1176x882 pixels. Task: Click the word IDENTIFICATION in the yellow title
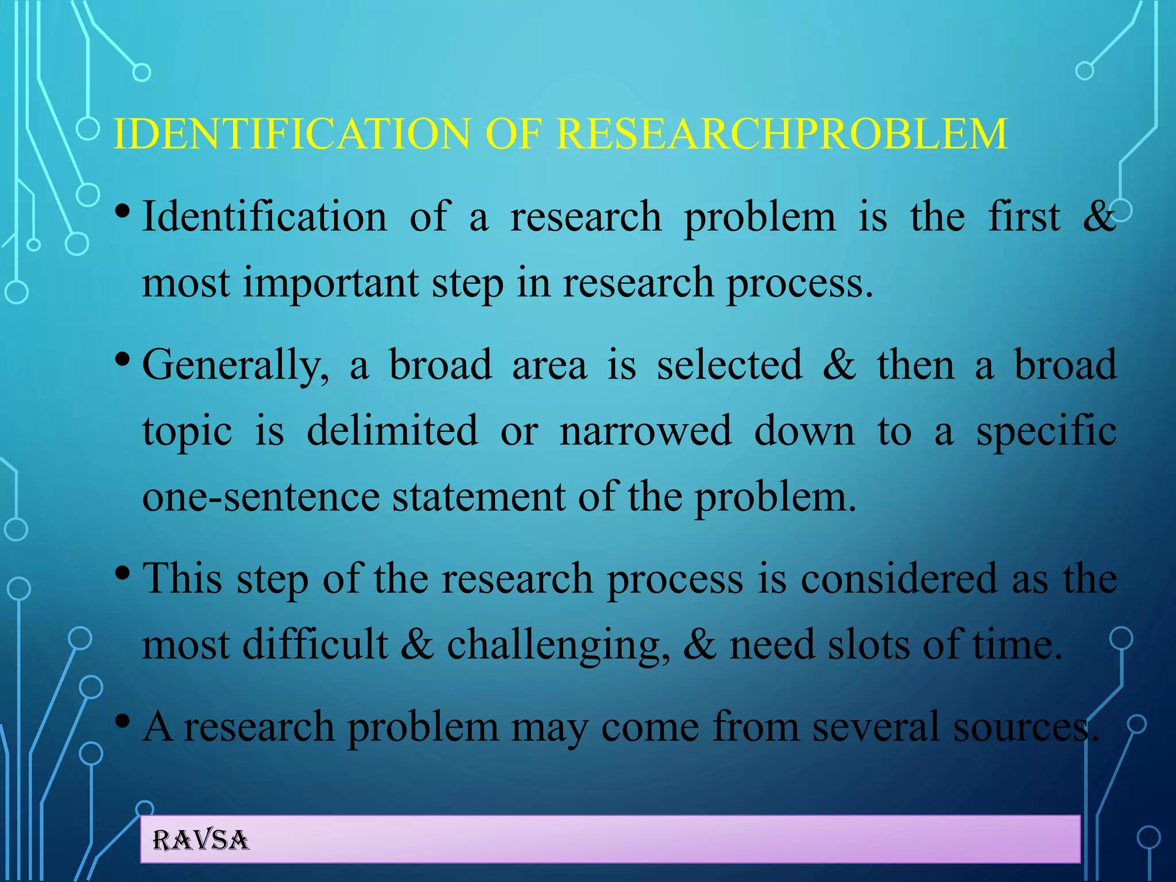(x=293, y=134)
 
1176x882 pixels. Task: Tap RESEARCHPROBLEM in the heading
(x=782, y=134)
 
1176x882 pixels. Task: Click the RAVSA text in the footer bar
(x=200, y=840)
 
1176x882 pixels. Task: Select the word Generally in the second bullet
(x=235, y=366)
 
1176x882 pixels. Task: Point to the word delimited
(x=392, y=431)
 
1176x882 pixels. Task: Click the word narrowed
(x=645, y=431)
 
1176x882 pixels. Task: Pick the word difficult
(x=315, y=644)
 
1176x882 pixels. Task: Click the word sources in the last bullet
(x=1025, y=727)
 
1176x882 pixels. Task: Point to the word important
(x=331, y=284)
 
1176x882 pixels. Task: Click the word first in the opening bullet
(x=1024, y=217)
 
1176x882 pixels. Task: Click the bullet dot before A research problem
(x=122, y=721)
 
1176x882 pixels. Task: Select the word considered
(x=899, y=579)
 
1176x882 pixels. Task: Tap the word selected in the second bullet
(x=729, y=365)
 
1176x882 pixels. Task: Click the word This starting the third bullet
(x=182, y=579)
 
